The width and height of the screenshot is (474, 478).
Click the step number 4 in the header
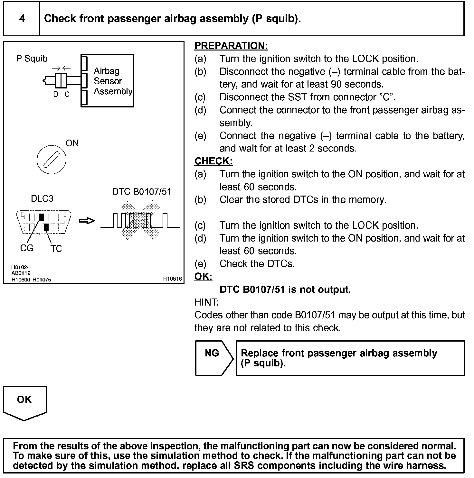22,19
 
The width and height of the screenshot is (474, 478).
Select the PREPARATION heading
231,46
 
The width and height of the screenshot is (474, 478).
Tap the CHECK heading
213,161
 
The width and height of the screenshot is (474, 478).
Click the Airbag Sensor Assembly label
112,81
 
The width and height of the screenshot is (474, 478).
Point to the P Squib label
32,59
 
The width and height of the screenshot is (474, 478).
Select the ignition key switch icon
52,160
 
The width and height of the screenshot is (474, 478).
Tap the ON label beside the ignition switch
72,143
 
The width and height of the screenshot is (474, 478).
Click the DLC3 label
42,198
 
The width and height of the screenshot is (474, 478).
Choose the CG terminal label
26,248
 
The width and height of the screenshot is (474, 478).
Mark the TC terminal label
56,249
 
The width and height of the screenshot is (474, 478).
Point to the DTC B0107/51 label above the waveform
141,192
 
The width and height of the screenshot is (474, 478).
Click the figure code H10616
172,279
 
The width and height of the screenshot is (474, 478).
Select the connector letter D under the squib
56,94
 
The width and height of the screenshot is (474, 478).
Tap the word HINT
206,302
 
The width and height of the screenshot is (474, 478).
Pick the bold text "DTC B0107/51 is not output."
285,290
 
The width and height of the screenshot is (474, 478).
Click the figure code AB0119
21,273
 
